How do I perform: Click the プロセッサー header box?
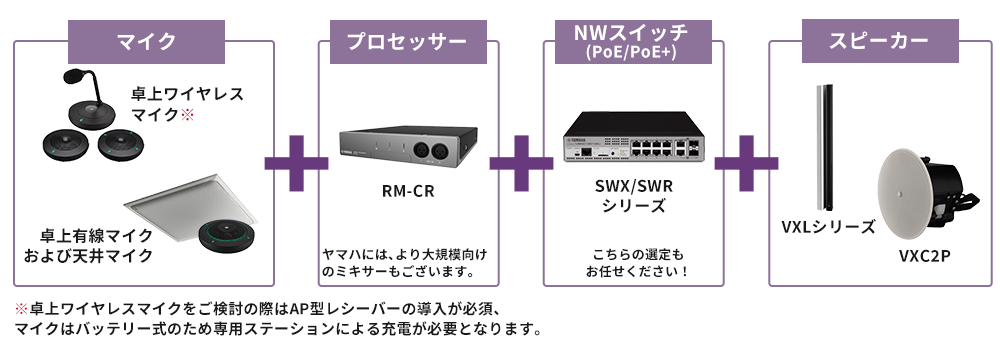407,42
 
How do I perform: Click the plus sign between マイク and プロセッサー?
296,160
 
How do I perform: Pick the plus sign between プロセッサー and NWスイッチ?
521,160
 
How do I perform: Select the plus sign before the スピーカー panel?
746,160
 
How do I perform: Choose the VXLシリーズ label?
828,226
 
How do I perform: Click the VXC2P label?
923,256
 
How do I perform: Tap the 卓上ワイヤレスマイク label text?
188,104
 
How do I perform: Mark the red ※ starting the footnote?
21,308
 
